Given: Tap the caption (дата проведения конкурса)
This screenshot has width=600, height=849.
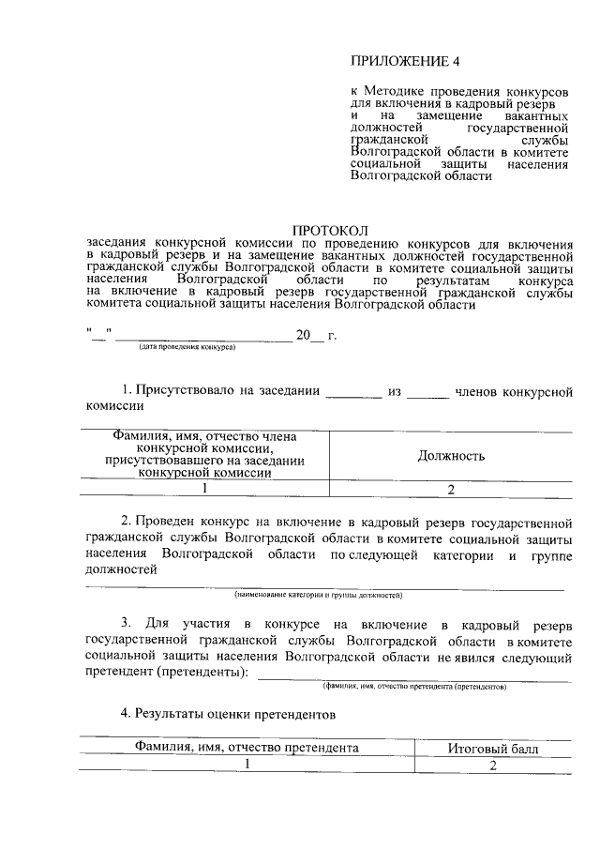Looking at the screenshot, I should coord(187,346).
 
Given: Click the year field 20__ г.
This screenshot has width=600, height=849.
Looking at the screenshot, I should coord(316,335).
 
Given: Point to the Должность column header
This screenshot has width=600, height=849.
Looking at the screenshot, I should coord(450,456).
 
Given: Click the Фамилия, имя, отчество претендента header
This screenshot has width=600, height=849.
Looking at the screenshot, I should coord(247,749).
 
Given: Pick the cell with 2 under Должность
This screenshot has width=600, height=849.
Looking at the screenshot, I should coord(450,489).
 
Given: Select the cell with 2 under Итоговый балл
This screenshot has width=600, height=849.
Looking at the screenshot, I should coord(490,765).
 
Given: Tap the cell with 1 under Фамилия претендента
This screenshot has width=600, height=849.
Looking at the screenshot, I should coord(248,765).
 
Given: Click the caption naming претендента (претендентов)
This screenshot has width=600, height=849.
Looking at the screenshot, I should coord(413,686).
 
